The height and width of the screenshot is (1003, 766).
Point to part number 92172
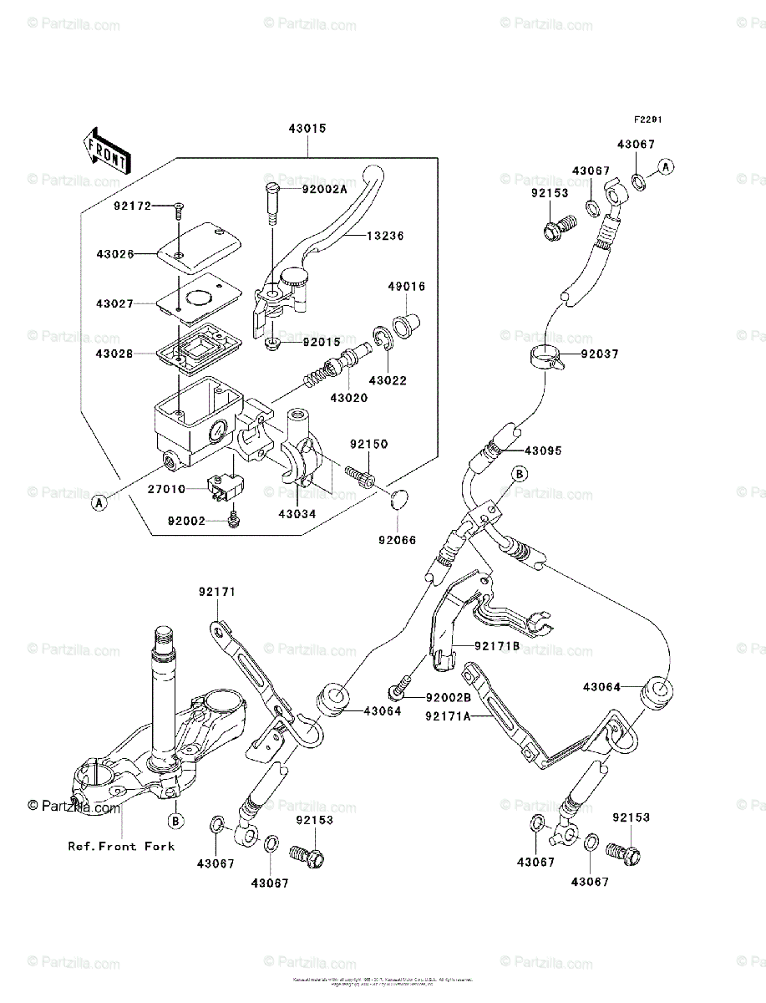coord(133,204)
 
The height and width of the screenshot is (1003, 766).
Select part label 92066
coord(398,540)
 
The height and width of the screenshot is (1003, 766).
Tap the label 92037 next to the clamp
coord(600,354)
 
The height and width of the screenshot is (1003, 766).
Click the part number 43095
coord(543,451)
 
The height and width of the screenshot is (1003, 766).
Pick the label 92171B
coord(498,646)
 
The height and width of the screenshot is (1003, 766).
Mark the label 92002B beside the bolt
coord(448,698)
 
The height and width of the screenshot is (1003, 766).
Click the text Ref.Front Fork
coord(122,846)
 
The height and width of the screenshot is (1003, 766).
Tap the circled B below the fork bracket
coord(175,818)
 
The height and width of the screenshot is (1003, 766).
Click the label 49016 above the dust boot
coord(406,287)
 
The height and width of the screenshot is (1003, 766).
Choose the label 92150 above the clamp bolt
coord(369,445)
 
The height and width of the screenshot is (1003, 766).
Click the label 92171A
coord(448,716)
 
